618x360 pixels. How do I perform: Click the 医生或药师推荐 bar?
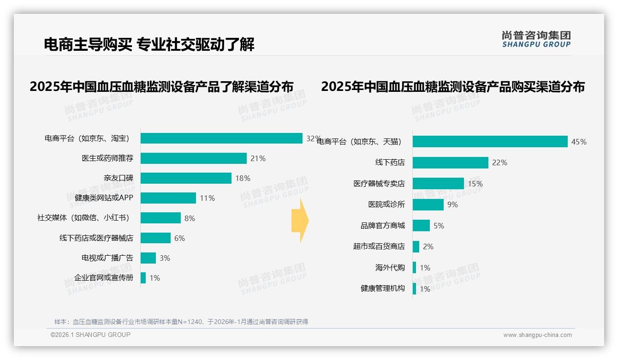194,158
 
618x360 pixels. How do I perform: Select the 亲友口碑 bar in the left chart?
186,178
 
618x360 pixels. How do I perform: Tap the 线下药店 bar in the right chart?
450,162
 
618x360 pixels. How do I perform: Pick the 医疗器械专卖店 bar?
438,184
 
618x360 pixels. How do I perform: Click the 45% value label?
579,142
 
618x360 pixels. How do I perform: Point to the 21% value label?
258,158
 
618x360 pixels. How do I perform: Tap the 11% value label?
207,198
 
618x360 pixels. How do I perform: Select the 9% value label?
452,204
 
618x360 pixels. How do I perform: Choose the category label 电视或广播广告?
107,258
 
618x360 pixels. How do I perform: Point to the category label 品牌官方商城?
382,226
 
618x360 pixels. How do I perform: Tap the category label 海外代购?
390,268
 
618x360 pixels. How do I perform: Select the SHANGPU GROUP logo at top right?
536,39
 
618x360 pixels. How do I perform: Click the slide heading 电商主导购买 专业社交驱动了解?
149,44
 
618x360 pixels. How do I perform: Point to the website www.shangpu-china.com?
537,335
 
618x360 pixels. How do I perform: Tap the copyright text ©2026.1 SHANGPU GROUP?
90,335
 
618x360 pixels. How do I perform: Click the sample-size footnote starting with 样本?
181,322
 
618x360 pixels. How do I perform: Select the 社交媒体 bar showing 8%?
160,218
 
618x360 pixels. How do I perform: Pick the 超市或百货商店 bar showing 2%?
416,246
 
